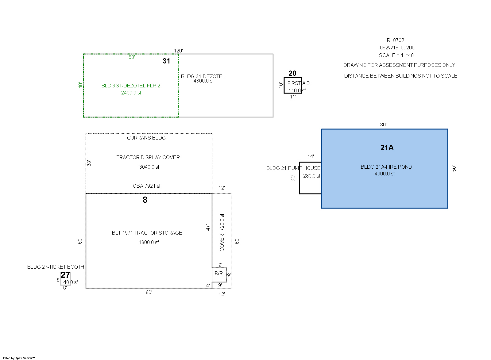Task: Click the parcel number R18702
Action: coord(395,40)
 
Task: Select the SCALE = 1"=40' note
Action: coord(396,55)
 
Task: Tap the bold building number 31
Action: coord(166,61)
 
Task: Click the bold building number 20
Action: coord(292,73)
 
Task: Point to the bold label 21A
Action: coord(387,147)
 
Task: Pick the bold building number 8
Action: coord(145,200)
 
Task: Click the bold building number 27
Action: coord(65,275)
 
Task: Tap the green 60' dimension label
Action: coord(132,57)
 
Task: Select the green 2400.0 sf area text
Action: coord(131,93)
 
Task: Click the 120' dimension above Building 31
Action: coord(178,51)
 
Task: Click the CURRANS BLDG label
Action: coord(146,138)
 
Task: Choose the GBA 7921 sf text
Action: coord(147,186)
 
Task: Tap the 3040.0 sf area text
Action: coord(149,167)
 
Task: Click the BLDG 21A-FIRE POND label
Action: coord(386,167)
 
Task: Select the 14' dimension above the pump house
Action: coord(311,156)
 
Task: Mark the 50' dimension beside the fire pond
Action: coord(454,169)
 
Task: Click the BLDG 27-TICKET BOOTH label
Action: coord(56,267)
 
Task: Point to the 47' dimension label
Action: coord(208,228)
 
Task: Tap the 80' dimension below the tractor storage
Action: coord(149,292)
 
